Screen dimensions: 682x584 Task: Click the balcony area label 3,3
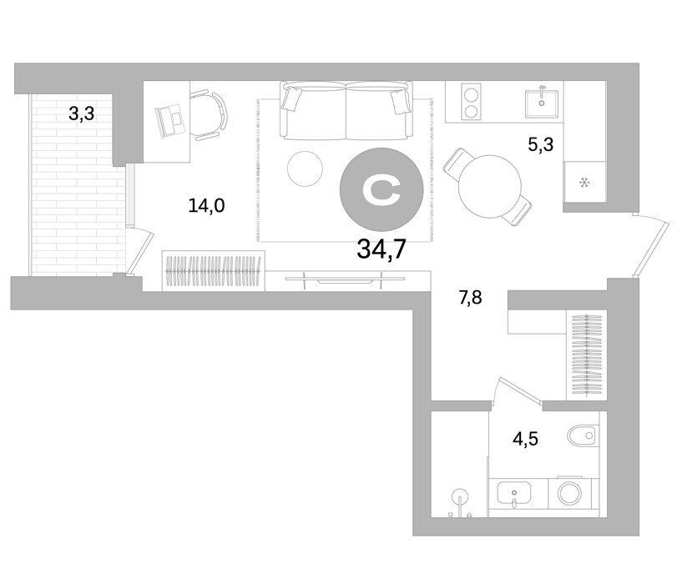[x=81, y=114]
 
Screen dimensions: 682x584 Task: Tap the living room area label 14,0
[x=206, y=205]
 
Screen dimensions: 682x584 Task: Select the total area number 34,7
[x=381, y=249]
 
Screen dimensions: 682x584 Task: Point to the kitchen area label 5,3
[x=541, y=144]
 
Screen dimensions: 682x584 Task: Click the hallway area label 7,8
[x=470, y=298]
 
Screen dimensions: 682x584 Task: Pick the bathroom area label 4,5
[x=525, y=439]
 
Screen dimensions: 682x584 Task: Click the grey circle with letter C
[x=381, y=189]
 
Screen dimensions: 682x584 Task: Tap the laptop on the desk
[x=170, y=120]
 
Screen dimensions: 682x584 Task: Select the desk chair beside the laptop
[x=209, y=115]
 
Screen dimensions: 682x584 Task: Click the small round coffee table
[x=305, y=169]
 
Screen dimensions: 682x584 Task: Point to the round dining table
[x=490, y=187]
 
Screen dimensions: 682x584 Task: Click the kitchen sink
[x=542, y=103]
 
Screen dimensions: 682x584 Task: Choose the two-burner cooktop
[x=471, y=103]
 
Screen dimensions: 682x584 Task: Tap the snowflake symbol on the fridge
[x=584, y=183]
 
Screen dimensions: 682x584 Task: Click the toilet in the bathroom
[x=583, y=435]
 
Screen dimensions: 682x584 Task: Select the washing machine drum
[x=570, y=494]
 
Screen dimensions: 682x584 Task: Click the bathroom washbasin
[x=513, y=494]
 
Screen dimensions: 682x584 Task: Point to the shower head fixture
[x=460, y=497]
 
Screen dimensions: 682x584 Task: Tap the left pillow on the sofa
[x=291, y=98]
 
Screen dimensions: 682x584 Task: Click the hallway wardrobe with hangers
[x=587, y=355]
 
